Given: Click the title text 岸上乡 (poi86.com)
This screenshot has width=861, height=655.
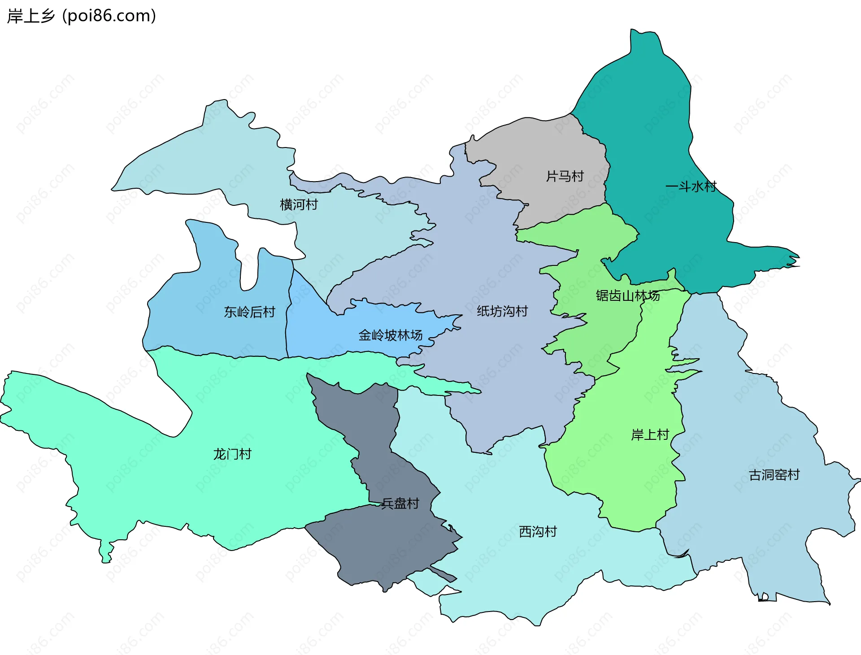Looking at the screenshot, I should coord(82,16).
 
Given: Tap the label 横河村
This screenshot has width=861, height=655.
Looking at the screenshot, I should coord(299,205).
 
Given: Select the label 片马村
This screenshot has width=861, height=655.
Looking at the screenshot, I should coord(565,177).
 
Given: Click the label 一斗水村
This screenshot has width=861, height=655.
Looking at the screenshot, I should coord(691,187).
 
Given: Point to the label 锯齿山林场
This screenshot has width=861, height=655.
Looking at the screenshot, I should coord(627,296).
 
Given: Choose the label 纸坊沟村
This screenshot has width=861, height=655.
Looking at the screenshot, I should coord(502,311).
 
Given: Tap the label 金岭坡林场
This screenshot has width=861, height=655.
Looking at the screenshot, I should coord(390,335).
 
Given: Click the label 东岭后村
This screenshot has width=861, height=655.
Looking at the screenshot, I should coord(249,312).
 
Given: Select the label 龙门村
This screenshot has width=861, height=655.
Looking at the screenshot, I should coord(232,454).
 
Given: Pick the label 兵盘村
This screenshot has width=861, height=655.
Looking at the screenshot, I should coord(400,503).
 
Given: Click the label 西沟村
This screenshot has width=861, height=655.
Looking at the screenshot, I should coord(538,532).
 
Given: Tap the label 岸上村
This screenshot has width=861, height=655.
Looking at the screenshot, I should coord(650,435).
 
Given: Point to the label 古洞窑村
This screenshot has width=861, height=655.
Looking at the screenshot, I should coord(774,475).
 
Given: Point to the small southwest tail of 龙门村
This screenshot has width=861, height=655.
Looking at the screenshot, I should coord(106,554).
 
